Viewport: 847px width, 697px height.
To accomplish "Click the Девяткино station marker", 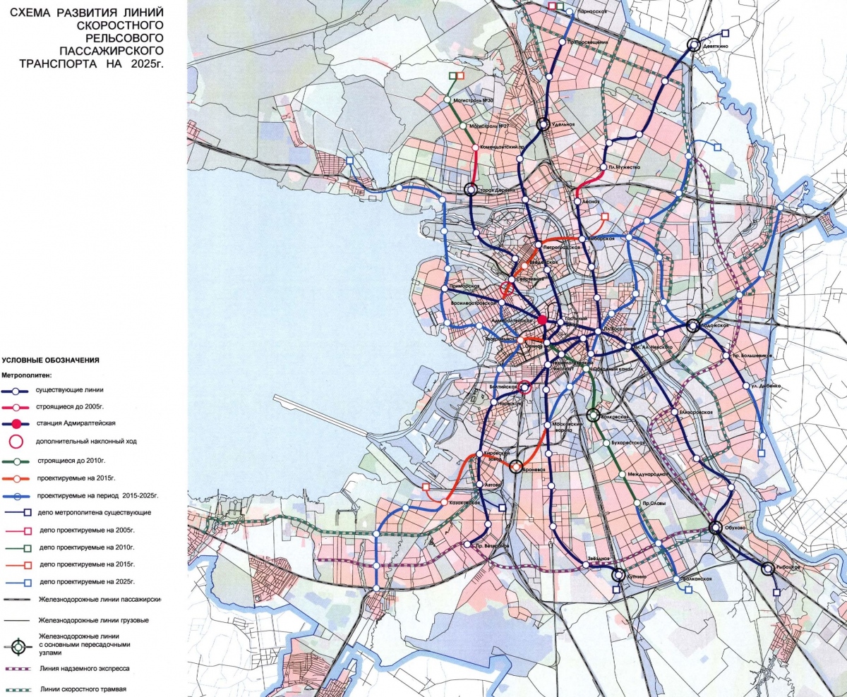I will pos(694,44).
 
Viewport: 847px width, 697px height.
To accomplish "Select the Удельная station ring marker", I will pos(543,124).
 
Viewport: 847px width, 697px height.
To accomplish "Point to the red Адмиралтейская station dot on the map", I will pos(542,320).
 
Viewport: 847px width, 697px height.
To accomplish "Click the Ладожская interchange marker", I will pos(693,325).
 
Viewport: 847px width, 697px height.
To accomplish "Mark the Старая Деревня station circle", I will pos(471,189).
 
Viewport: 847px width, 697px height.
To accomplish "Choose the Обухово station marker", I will pos(716,527).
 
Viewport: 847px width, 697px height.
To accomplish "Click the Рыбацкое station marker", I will pos(768,568).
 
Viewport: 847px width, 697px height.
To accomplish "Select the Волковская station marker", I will pos(593,416).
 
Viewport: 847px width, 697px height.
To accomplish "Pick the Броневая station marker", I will pos(516,466).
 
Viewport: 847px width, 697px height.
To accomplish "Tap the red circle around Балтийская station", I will pos(524,387).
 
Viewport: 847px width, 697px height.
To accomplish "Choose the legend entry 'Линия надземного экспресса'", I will pos(85,667).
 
